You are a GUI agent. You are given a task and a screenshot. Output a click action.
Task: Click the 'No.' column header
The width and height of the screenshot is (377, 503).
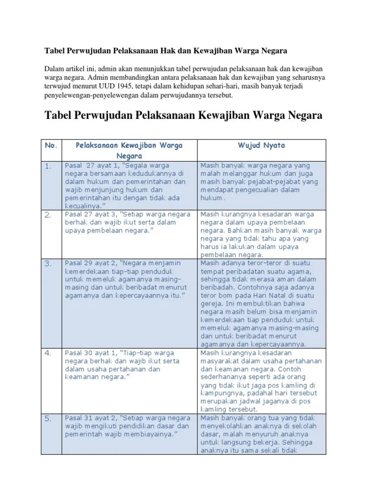52,146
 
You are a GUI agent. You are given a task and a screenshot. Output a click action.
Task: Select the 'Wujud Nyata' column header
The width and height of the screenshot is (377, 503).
261,146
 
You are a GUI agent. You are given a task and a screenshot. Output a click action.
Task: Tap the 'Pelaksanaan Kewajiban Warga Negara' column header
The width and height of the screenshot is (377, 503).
129,150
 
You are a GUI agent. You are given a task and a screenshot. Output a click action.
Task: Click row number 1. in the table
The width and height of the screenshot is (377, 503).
48,167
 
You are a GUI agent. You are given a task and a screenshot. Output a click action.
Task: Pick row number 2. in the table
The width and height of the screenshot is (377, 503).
48,215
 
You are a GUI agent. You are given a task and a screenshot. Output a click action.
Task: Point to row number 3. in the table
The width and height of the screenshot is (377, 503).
48,264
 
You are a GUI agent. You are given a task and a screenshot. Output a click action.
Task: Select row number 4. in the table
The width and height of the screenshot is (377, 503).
48,353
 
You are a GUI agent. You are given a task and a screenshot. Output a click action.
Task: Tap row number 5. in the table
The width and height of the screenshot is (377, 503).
48,419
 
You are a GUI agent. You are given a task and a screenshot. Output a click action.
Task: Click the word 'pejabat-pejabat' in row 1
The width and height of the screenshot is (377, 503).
269,182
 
